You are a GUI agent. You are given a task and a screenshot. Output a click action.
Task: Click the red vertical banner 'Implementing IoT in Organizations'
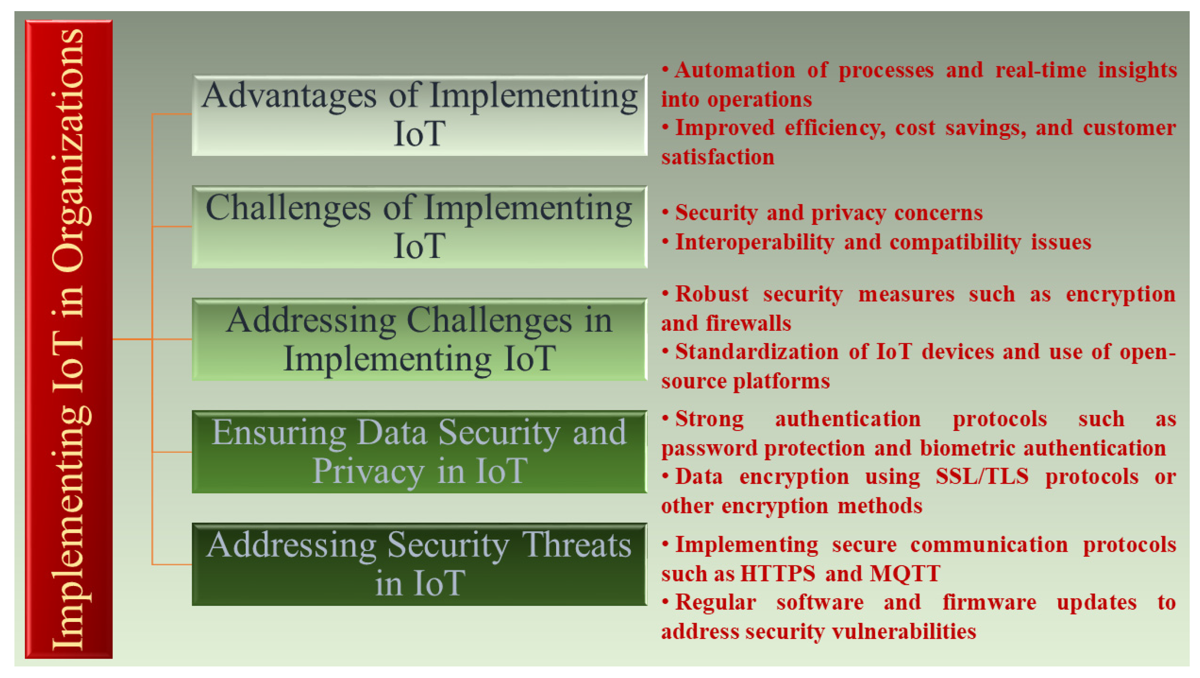68,339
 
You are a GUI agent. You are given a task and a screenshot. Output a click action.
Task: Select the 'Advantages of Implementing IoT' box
419,115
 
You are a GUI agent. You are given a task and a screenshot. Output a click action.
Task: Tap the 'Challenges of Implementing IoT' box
419,227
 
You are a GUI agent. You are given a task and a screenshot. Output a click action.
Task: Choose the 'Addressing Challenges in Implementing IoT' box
419,339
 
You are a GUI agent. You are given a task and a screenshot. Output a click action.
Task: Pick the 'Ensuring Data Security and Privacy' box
419,452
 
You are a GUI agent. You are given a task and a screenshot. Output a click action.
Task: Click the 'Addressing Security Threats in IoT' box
419,564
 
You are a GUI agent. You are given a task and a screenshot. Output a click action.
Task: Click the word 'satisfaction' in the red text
718,157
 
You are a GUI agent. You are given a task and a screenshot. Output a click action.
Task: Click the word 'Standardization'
757,352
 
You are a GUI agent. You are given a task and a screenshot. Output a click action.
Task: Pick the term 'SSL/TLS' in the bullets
982,477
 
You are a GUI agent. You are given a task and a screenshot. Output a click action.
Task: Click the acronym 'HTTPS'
778,574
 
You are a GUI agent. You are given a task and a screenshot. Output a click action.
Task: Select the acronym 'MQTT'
905,574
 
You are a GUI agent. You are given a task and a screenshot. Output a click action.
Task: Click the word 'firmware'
989,603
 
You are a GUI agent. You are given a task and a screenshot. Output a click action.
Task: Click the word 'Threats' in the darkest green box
576,545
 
